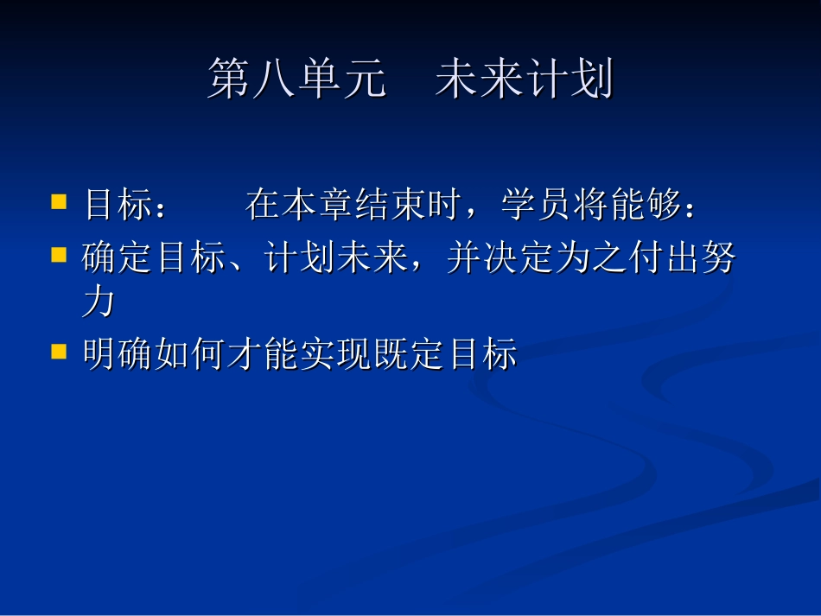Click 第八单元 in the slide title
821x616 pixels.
coord(296,80)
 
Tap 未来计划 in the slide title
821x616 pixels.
coord(524,80)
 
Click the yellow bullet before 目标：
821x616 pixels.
coord(59,202)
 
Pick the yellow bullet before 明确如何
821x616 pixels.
coord(59,351)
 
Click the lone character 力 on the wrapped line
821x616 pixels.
coord(99,303)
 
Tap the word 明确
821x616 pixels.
coord(118,355)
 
